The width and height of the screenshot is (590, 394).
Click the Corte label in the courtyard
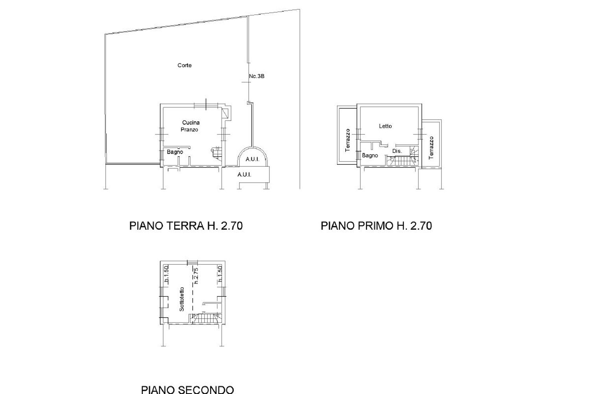[184, 65]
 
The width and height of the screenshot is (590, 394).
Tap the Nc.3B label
[256, 76]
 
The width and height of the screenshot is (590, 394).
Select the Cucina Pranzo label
[191, 126]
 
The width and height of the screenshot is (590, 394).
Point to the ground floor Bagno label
[175, 152]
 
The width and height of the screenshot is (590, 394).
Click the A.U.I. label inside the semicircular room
[252, 159]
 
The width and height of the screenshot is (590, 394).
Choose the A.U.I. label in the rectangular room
[244, 174]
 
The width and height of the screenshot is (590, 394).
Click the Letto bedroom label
[385, 126]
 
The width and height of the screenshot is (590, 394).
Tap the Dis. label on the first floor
[397, 151]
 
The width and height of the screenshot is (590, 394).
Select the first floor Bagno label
[370, 155]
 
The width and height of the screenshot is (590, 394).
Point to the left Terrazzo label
[347, 140]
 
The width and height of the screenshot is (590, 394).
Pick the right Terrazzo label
[431, 147]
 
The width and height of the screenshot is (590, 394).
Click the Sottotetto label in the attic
[182, 299]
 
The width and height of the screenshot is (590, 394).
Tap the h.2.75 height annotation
[195, 276]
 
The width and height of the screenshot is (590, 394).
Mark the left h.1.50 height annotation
[166, 275]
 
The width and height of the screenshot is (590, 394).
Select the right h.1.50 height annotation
[220, 274]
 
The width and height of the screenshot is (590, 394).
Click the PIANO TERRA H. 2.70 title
[186, 226]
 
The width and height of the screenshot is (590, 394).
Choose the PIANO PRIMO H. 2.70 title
[376, 226]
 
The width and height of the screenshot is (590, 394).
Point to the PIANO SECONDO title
[187, 390]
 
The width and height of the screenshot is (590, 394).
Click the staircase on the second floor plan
[205, 318]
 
